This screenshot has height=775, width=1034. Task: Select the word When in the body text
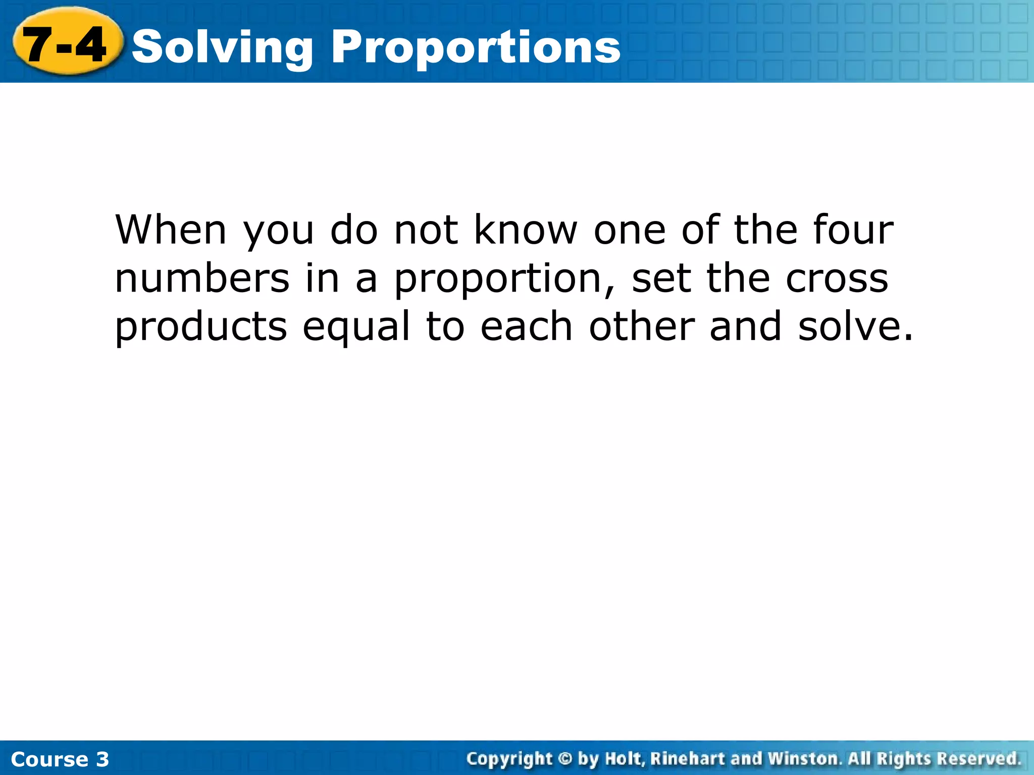pos(171,230)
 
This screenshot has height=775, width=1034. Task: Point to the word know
pos(526,230)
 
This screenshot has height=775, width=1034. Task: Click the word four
pos(853,230)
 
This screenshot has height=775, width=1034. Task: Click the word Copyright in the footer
pos(509,759)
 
